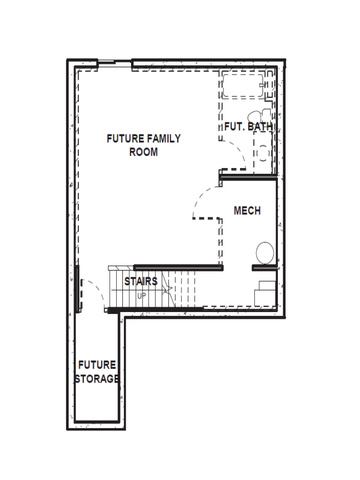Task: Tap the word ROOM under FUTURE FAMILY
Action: tap(144, 152)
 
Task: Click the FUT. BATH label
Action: tap(248, 127)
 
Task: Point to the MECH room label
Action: tap(247, 211)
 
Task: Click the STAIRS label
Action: tap(141, 281)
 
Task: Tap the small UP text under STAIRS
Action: tap(142, 296)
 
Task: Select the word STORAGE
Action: tap(97, 379)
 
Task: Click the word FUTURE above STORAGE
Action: tap(97, 365)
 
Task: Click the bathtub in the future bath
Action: tap(243, 86)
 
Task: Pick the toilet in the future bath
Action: tap(259, 116)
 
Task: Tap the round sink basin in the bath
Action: tap(263, 153)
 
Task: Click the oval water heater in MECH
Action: tap(265, 253)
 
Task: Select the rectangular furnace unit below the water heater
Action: tap(265, 293)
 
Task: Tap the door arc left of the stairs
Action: tap(97, 289)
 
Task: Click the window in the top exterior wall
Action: tap(106, 61)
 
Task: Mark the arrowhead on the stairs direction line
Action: tap(167, 289)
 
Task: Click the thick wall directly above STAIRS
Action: tap(178, 267)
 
